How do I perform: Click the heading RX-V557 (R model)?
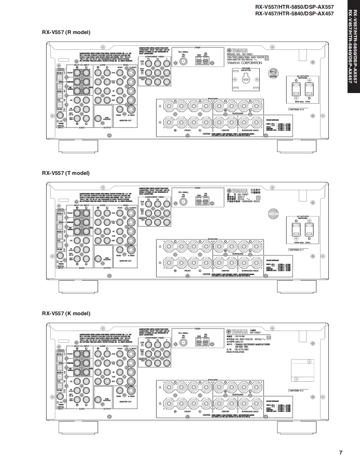tap(66, 32)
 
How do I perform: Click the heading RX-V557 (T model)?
tap(66, 173)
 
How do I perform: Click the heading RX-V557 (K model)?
tap(66, 313)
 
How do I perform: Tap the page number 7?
tap(340, 452)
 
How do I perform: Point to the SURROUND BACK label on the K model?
tap(250, 412)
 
